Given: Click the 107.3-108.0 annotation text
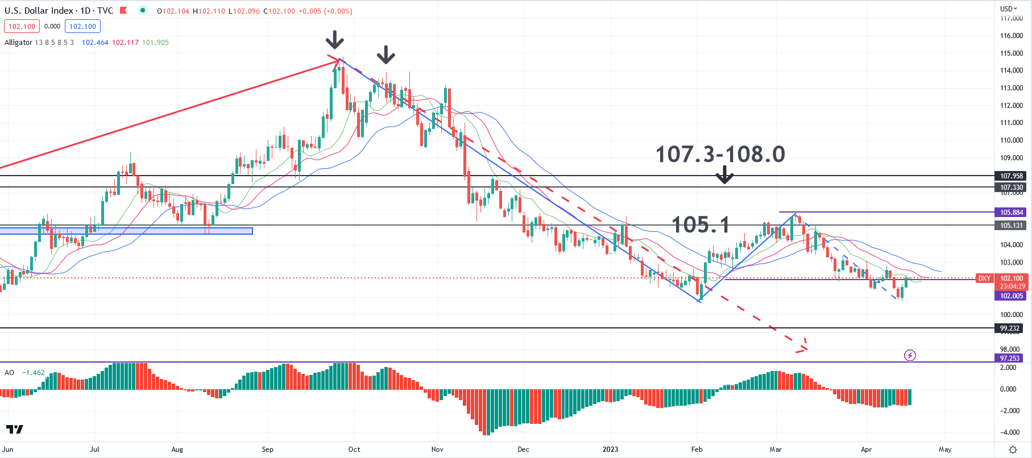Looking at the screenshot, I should [720, 154].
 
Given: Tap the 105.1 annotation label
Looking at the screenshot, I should [701, 225].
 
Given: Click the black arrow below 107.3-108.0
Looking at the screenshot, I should [724, 175].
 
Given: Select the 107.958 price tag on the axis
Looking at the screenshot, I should [1011, 176].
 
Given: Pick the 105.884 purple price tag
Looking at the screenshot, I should [1011, 213].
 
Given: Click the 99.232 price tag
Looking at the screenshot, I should [1010, 328].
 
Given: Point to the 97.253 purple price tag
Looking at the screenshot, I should [1010, 359].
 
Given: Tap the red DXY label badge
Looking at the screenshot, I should [984, 278].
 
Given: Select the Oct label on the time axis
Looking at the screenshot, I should [354, 449].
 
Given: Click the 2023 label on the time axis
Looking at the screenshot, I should [610, 449].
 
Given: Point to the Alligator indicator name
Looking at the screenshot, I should [18, 43].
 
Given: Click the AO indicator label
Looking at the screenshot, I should [9, 373].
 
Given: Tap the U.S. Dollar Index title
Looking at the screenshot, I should [39, 11].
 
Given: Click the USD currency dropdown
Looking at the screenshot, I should [1009, 9].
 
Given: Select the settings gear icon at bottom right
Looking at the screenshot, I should [1013, 449].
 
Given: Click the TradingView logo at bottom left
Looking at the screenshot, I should [15, 429].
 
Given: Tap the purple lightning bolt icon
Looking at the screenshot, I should [910, 356].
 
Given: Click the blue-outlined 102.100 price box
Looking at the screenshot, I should [82, 27].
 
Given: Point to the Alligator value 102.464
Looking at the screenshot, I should [95, 43].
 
